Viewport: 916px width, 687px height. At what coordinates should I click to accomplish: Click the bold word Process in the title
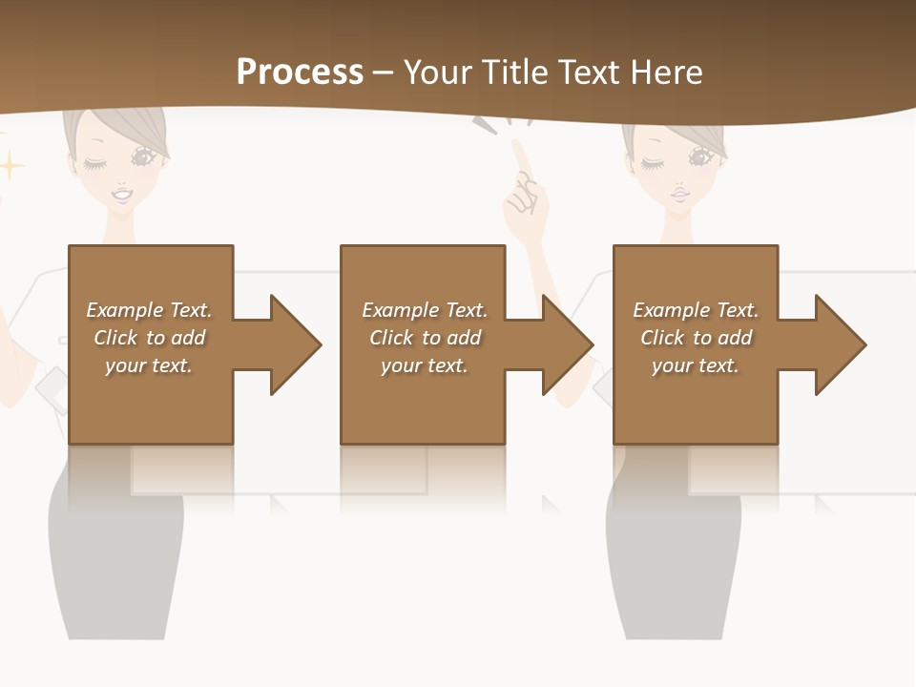pos(300,73)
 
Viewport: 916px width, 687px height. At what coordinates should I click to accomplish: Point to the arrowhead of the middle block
pos(566,344)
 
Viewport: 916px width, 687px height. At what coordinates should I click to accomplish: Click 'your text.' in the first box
pos(149,365)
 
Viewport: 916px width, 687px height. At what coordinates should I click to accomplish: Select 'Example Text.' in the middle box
pos(425,310)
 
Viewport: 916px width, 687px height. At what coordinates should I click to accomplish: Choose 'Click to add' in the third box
pos(697,338)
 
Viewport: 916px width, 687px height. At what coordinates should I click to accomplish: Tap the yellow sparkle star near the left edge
pos(10,167)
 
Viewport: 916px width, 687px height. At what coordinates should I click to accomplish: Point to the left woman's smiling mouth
pos(123,195)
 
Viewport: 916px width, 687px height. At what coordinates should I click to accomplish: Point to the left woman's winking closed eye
pos(95,164)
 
